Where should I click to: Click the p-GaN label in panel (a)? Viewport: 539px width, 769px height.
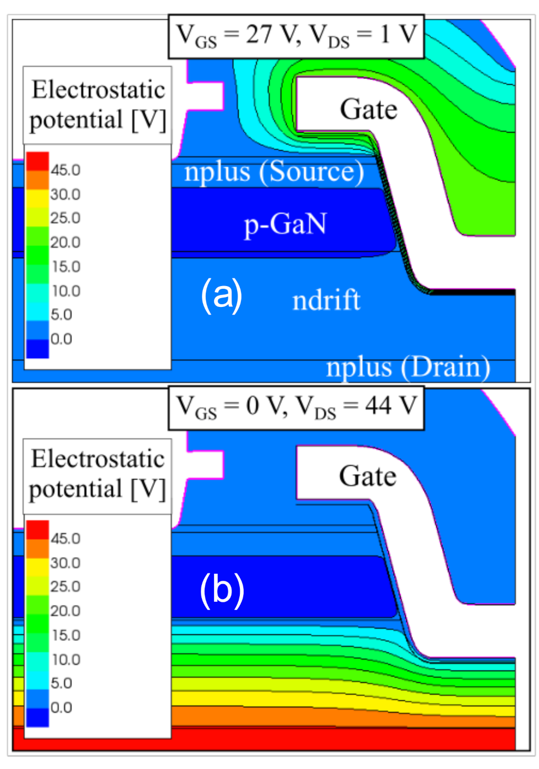click(x=285, y=224)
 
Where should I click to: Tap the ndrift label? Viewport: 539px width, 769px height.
click(x=326, y=300)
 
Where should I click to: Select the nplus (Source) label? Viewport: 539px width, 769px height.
click(x=274, y=172)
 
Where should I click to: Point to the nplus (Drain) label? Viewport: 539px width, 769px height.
click(x=408, y=367)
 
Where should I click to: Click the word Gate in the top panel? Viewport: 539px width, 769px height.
click(x=369, y=109)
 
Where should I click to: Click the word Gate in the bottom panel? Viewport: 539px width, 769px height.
click(x=367, y=476)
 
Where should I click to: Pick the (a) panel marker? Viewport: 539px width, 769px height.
click(x=221, y=295)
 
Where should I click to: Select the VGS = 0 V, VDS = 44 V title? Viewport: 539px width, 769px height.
click(x=296, y=408)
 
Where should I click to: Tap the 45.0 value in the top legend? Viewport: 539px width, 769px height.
click(x=65, y=170)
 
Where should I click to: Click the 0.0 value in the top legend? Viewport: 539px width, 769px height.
click(x=61, y=339)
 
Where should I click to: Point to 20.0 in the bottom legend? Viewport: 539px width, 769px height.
click(x=65, y=611)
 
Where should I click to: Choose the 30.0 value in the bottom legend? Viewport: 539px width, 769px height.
click(x=65, y=563)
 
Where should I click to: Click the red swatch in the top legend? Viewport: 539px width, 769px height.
click(x=37, y=161)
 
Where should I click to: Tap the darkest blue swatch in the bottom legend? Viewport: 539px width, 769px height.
click(x=37, y=717)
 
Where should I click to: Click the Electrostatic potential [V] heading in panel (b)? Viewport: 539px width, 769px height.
click(x=97, y=474)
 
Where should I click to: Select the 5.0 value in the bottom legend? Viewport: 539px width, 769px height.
click(x=61, y=683)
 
